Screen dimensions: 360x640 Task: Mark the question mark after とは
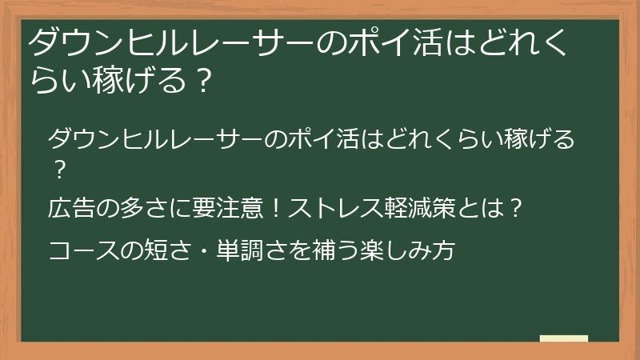tap(516, 209)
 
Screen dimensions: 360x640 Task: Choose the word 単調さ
tap(239, 251)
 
